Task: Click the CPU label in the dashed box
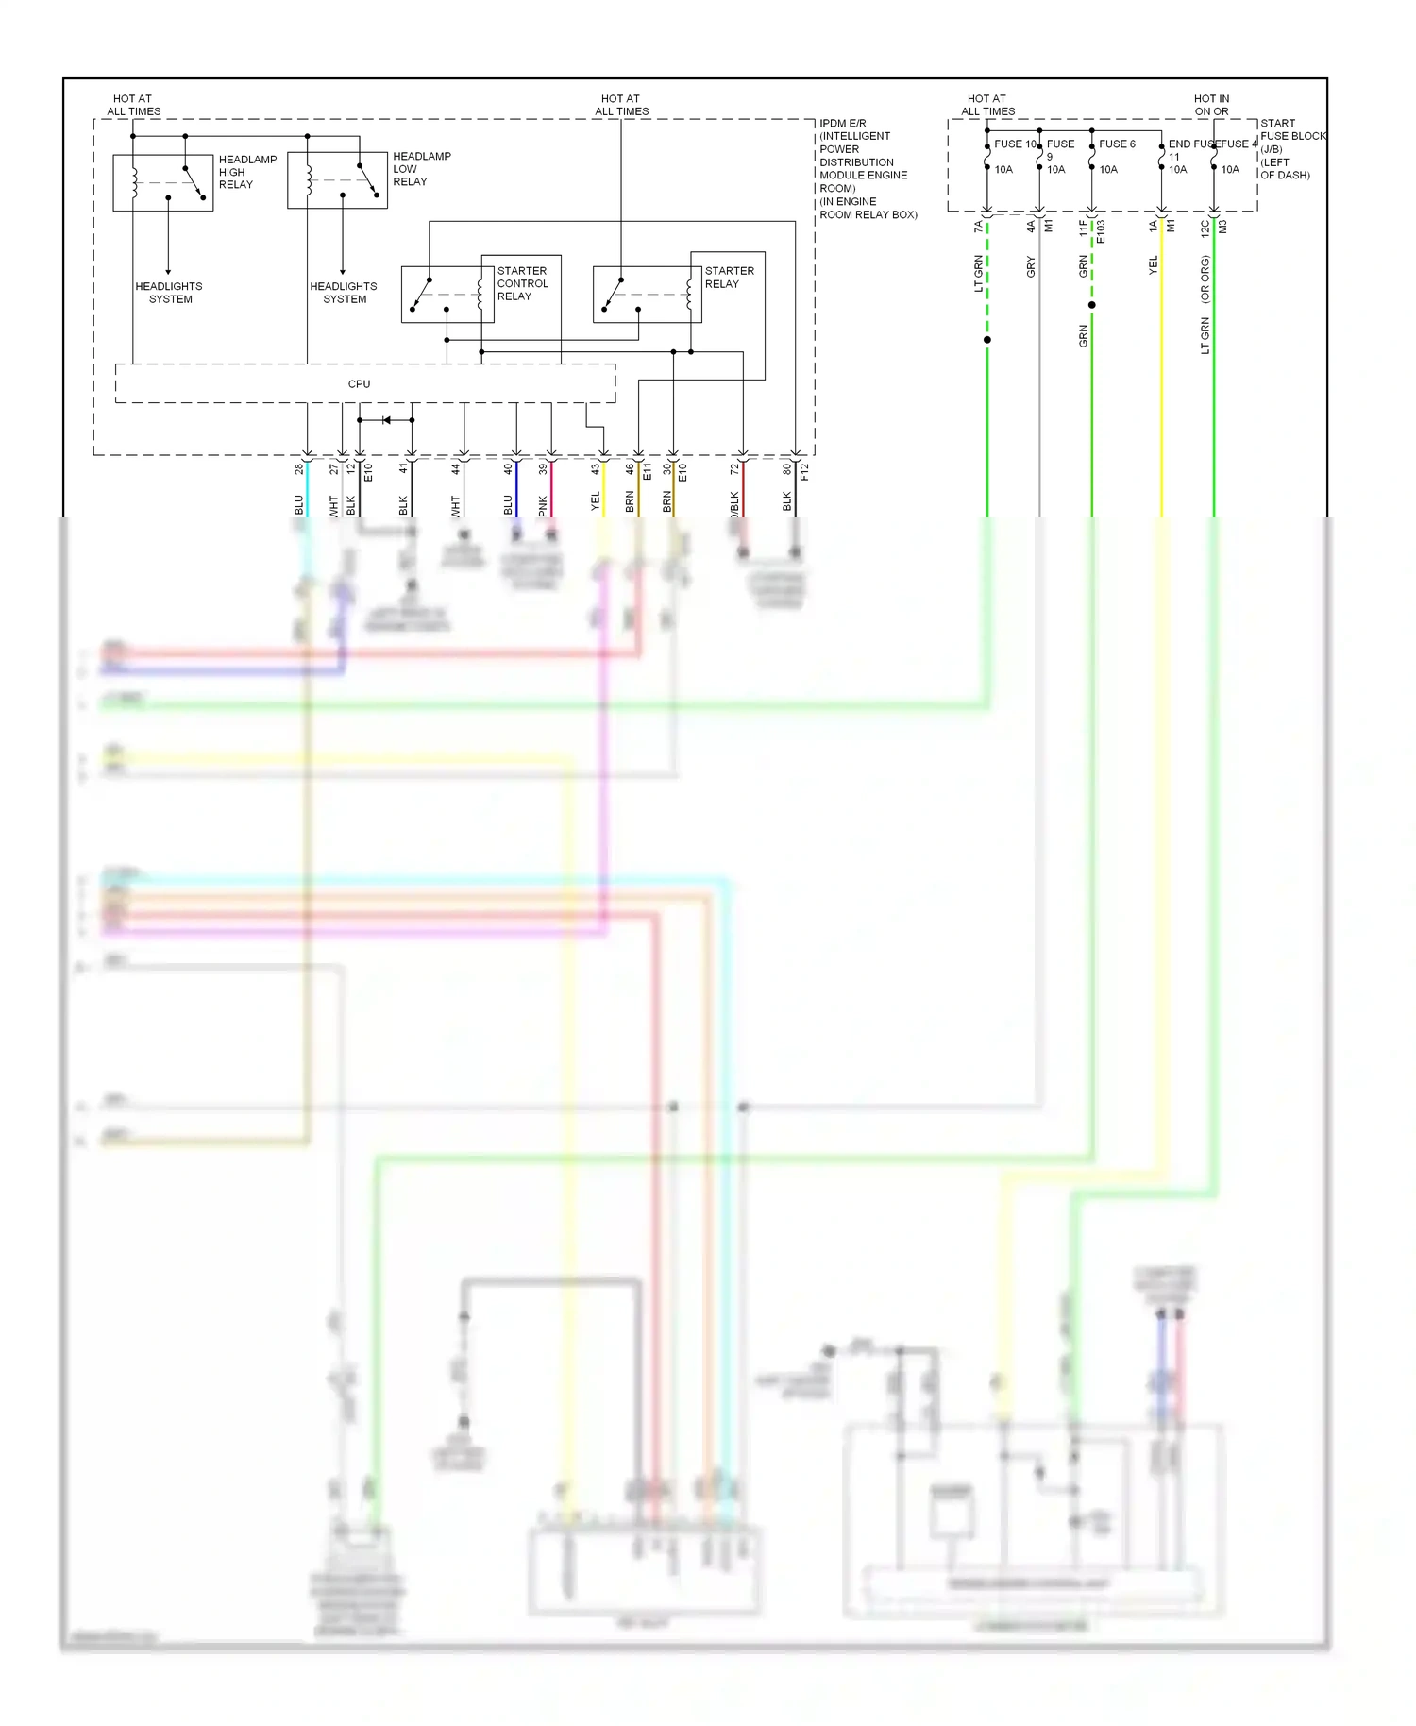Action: point(359,384)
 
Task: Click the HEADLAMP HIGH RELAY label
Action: point(247,172)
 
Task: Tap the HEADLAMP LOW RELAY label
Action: point(421,169)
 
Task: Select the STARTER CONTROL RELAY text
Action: point(522,283)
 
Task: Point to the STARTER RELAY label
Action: point(729,277)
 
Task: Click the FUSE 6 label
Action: point(1117,144)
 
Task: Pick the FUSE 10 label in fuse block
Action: point(1015,144)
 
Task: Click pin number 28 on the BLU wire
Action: point(299,468)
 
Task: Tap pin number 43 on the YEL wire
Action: point(596,468)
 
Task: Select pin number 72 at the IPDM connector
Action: point(734,468)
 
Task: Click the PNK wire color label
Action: point(543,506)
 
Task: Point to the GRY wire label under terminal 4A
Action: point(1031,267)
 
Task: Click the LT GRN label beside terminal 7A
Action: point(979,274)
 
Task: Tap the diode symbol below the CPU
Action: point(385,420)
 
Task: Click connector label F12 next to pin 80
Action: point(804,472)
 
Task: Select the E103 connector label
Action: point(1101,232)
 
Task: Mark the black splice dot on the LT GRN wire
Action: point(987,340)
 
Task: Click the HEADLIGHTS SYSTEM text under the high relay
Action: point(169,293)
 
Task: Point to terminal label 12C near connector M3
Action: point(1205,228)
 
